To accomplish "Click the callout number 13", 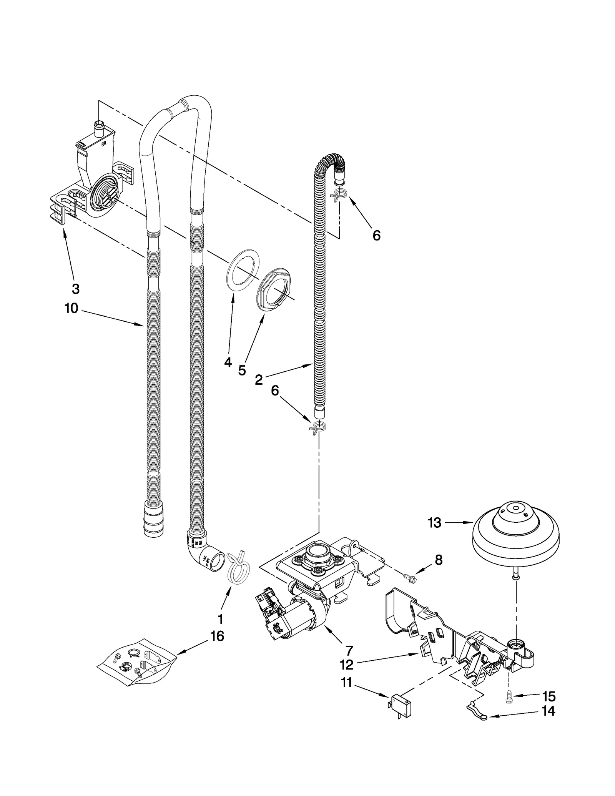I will [434, 523].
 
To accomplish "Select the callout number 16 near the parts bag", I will [217, 636].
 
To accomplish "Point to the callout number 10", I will [71, 308].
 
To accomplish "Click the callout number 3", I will [76, 289].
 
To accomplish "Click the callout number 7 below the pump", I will [349, 650].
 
